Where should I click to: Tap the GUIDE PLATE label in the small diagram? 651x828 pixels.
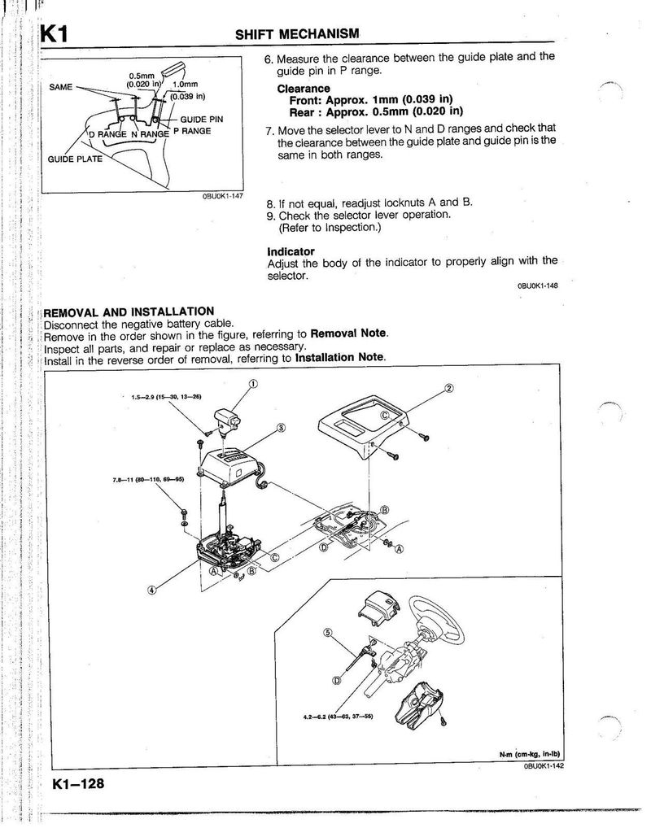[76, 159]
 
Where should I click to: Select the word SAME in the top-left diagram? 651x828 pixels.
[61, 85]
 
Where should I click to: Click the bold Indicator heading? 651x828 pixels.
[291, 251]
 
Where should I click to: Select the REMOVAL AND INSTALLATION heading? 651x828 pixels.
[128, 312]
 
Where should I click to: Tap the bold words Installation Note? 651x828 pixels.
[340, 358]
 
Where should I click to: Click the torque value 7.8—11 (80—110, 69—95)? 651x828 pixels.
[149, 479]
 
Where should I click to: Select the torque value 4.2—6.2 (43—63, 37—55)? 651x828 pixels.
[332, 717]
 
